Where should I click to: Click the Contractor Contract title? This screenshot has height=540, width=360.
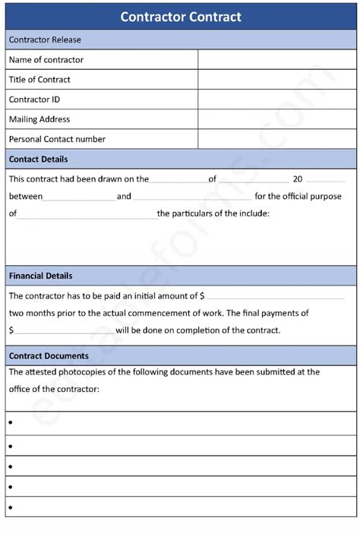(180, 17)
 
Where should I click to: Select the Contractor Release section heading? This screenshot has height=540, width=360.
(45, 39)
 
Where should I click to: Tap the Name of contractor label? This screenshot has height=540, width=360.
(46, 60)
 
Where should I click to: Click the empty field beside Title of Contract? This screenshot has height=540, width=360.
(276, 80)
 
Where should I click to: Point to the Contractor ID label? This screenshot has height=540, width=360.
(34, 99)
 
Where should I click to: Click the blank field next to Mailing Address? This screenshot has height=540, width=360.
(276, 119)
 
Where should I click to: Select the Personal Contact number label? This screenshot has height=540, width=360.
(57, 139)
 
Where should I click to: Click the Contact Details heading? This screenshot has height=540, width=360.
(38, 159)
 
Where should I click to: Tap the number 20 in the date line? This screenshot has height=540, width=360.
(298, 179)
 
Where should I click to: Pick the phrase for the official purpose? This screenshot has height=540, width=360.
(298, 196)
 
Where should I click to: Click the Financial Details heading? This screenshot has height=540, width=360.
(41, 276)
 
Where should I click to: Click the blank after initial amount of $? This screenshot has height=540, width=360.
(275, 296)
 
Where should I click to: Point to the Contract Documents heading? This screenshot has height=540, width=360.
(49, 355)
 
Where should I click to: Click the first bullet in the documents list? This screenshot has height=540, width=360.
(11, 423)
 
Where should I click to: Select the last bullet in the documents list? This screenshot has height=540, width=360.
(11, 507)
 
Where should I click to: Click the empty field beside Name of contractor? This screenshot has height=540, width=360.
(276, 60)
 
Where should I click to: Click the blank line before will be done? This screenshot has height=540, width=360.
(65, 331)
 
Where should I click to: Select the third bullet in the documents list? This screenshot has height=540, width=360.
(11, 465)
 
